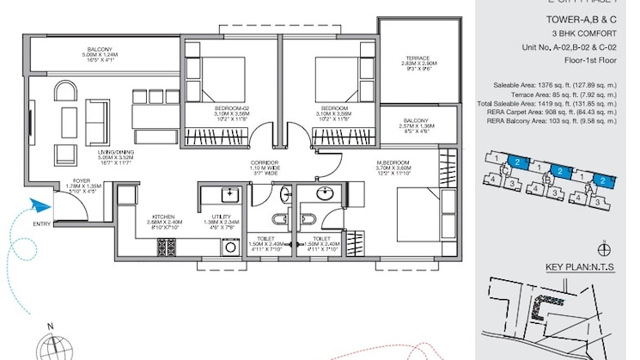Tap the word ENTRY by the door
pos(40,224)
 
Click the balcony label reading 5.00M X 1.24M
pos(101,55)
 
